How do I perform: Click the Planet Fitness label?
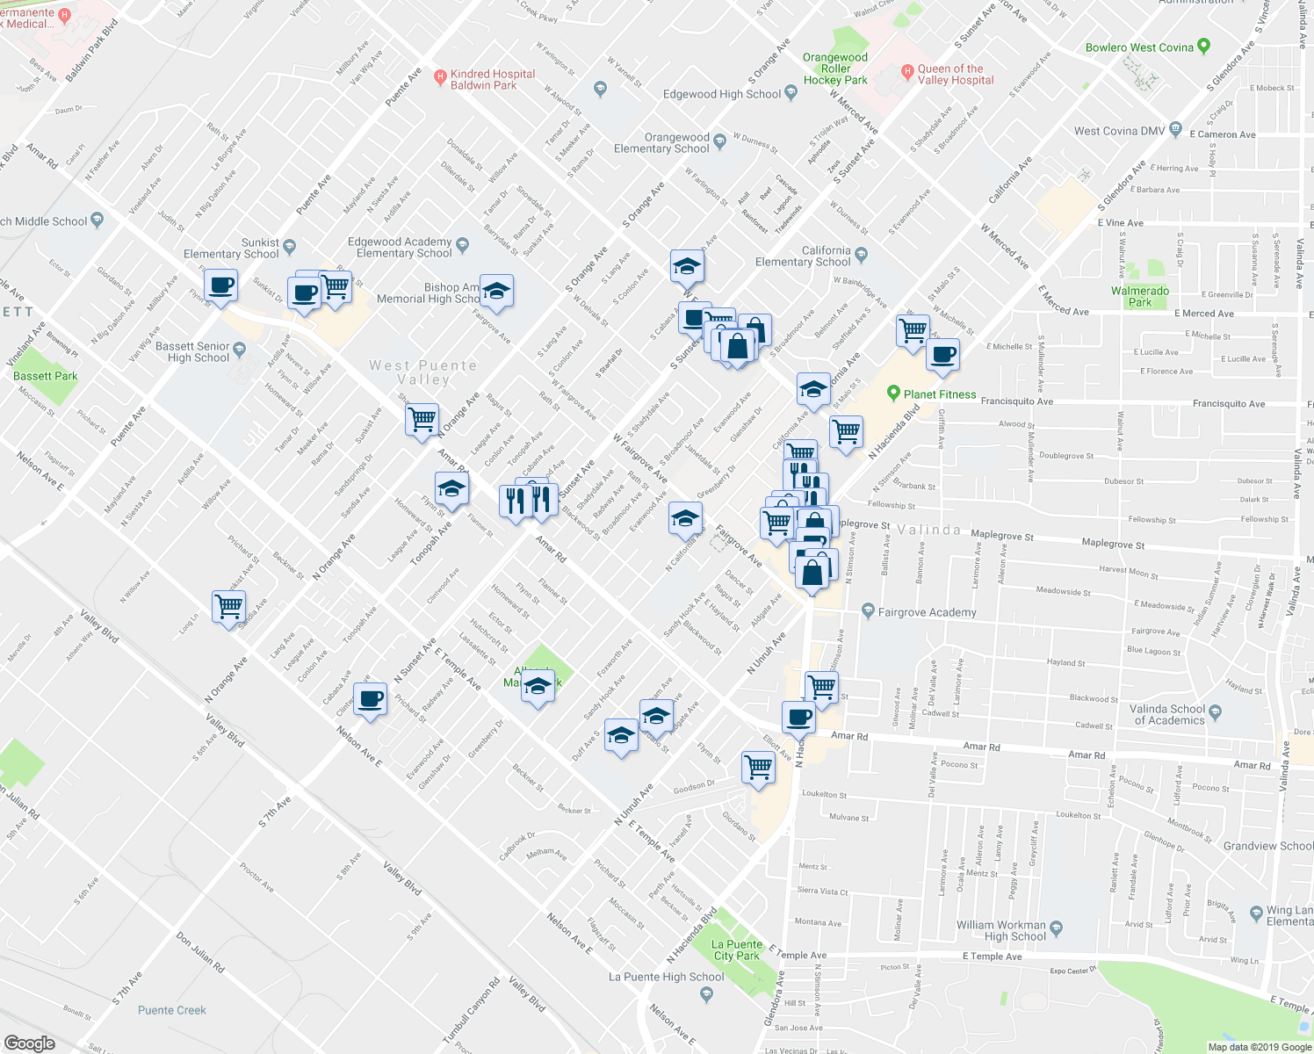point(939,394)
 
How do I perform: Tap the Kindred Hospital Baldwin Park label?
point(492,80)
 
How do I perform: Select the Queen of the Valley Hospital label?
point(955,75)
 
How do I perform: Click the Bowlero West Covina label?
point(1139,47)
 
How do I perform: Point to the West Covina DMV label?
point(1119,131)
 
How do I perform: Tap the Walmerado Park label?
point(1139,296)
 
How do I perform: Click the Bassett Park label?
point(46,376)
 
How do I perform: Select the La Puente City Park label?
point(736,949)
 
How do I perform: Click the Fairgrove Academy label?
point(927,612)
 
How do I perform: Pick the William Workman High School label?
point(1000,930)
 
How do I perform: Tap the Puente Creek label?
point(172,1010)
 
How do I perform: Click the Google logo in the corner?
point(30,1043)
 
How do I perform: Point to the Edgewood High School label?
point(721,94)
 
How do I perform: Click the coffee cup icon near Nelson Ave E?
point(371,700)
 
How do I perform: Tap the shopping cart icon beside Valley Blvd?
point(228,606)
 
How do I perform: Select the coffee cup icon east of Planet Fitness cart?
point(942,356)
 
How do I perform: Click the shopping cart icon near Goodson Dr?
point(758,767)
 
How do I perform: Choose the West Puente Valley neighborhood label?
point(423,372)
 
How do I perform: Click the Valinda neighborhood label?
point(928,530)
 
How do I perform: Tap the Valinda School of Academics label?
point(1167,714)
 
